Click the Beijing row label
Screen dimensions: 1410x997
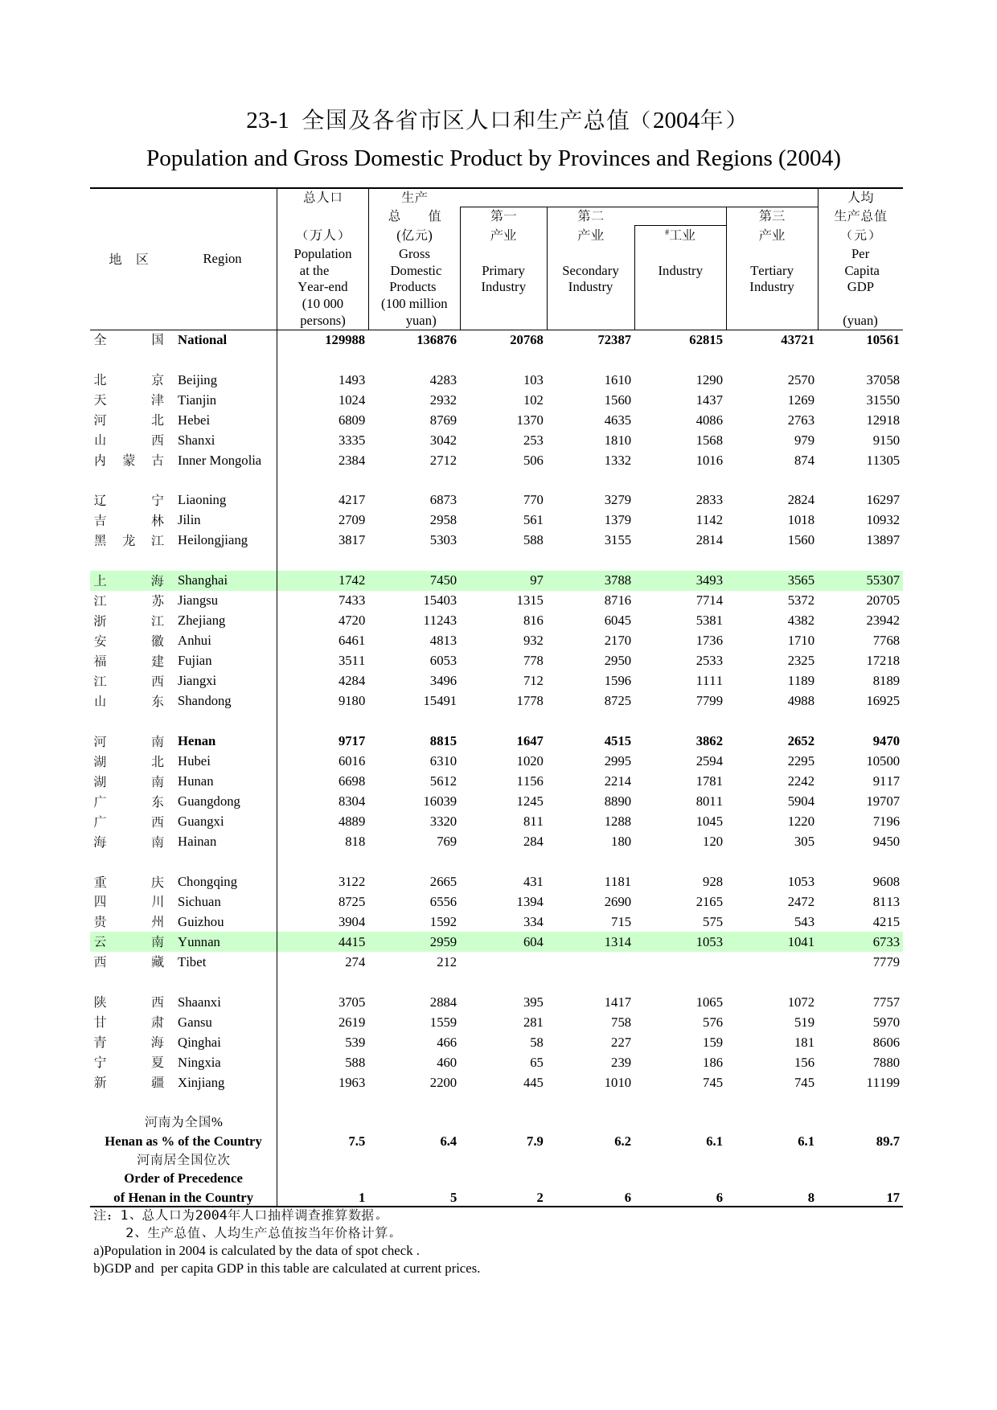tap(197, 380)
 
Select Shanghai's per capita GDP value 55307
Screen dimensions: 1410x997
tap(882, 580)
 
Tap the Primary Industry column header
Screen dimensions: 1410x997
tap(503, 279)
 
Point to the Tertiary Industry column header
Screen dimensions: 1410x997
tap(771, 279)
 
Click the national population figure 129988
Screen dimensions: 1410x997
tap(345, 340)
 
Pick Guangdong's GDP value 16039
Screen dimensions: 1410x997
tap(440, 801)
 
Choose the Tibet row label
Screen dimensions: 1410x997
tap(191, 962)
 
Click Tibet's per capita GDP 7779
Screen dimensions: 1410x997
tap(885, 962)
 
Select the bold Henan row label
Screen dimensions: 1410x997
tap(196, 741)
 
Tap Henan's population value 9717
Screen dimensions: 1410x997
tap(351, 741)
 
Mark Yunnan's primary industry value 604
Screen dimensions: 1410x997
tap(533, 942)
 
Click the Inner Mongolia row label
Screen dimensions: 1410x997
tap(219, 461)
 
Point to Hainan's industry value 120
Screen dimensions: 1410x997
tap(712, 842)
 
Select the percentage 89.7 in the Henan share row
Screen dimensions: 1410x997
tap(887, 1142)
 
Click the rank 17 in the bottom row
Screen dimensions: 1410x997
tap(892, 1198)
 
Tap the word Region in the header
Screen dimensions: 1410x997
tap(222, 259)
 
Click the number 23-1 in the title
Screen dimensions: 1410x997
tap(267, 121)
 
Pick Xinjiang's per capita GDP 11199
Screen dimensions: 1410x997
tap(882, 1083)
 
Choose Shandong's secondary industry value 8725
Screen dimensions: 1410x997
tap(617, 701)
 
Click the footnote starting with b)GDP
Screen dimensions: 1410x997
tap(286, 1269)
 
